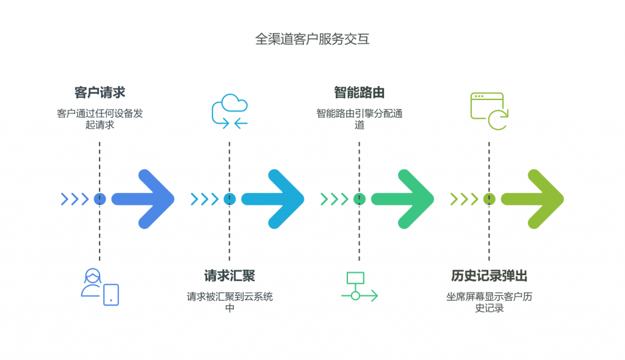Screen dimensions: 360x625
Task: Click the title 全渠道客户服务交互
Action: click(x=312, y=40)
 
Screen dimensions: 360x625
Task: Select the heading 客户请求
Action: click(x=99, y=93)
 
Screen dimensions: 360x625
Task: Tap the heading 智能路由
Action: click(x=359, y=93)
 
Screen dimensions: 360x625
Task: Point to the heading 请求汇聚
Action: click(x=229, y=276)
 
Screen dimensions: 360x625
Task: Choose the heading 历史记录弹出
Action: click(x=489, y=276)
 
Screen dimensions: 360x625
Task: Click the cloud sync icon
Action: click(x=229, y=112)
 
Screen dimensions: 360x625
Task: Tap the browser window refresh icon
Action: click(x=490, y=111)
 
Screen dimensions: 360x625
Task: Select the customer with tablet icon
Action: click(x=100, y=286)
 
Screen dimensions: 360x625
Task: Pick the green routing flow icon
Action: click(x=359, y=287)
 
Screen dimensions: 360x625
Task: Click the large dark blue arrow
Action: click(x=145, y=199)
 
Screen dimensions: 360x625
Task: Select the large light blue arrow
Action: click(x=274, y=199)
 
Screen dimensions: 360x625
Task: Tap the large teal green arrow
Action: click(x=403, y=199)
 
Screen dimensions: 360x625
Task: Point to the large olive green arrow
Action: click(x=533, y=199)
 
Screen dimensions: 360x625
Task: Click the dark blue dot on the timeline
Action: click(x=100, y=199)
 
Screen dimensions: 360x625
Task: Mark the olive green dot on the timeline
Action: click(x=489, y=199)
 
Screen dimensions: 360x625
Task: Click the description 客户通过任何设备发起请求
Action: click(x=99, y=119)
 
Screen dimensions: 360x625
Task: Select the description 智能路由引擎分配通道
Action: click(x=359, y=119)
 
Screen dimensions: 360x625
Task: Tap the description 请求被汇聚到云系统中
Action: click(x=229, y=302)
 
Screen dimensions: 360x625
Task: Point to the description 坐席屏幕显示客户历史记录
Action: click(x=489, y=302)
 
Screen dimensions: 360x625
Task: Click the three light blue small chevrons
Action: click(x=204, y=199)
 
